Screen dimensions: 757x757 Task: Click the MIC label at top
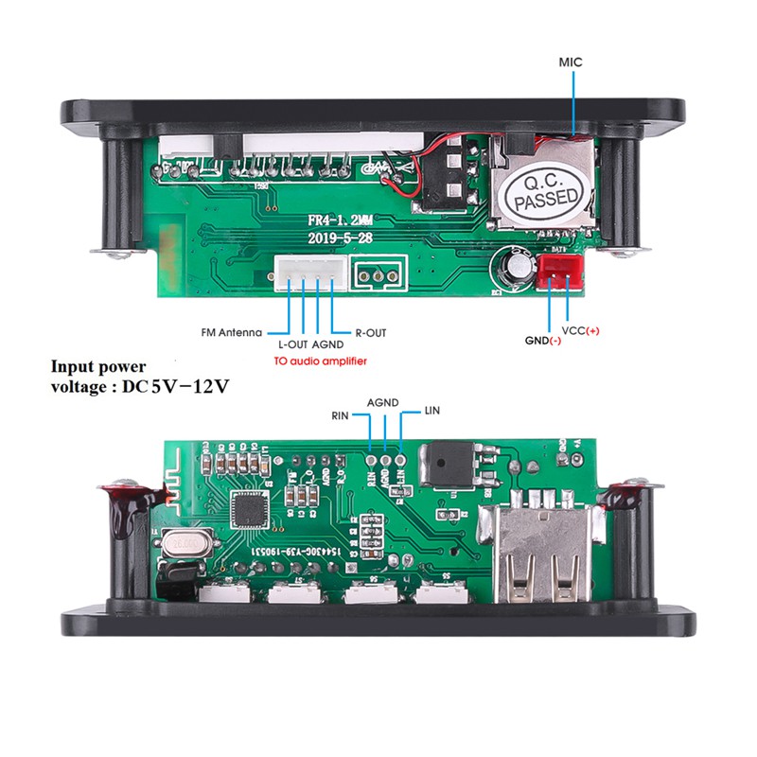570,62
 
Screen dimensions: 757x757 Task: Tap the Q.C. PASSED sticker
542,194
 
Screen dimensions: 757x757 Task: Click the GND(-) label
542,340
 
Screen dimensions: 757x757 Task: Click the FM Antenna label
232,333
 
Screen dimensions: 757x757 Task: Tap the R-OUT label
370,333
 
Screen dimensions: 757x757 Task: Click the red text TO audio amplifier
319,361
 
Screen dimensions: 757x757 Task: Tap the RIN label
341,415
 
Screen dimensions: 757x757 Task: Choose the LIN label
433,410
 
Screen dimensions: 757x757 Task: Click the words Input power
98,367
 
